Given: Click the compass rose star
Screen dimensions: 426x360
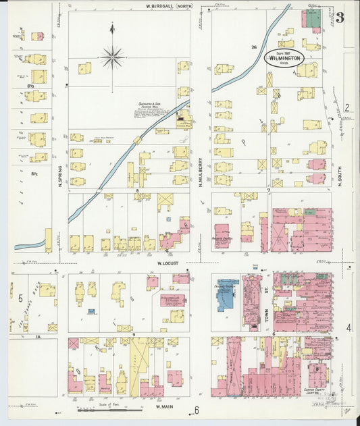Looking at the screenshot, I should [x=113, y=57].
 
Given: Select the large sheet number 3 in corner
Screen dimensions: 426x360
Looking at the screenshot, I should [x=340, y=18].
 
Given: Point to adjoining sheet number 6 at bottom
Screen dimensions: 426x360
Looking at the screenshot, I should [x=197, y=410].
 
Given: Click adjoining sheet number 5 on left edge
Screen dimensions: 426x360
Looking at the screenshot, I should [x=21, y=297].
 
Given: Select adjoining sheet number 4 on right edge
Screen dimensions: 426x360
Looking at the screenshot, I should [x=349, y=328].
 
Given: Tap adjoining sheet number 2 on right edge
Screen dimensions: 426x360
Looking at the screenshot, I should [x=346, y=107].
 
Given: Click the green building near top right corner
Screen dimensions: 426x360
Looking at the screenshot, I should [x=312, y=19].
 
